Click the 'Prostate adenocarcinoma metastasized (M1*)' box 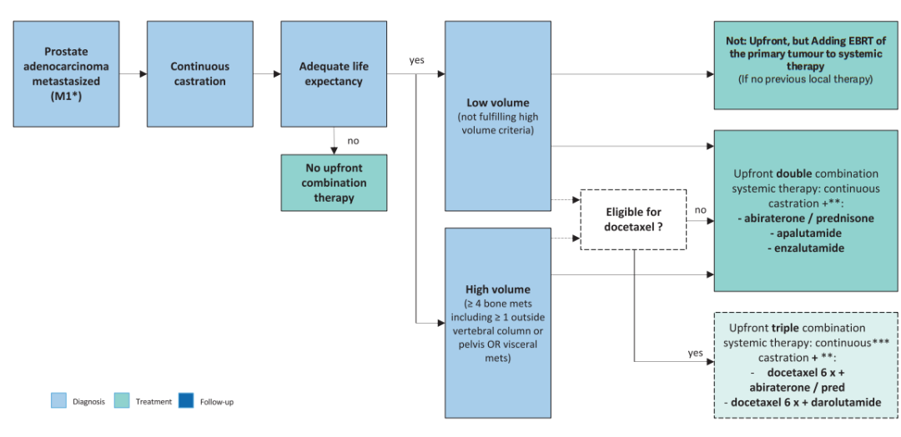click(66, 74)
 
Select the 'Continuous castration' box click(199, 74)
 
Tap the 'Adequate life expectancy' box click(334, 74)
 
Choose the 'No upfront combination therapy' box click(334, 181)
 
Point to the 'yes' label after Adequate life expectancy click(417, 60)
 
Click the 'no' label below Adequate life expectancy click(353, 140)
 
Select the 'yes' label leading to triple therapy click(696, 352)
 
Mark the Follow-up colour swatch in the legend click(185, 401)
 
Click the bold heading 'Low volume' click(497, 103)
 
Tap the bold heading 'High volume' click(497, 289)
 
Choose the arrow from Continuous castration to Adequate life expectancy click(267, 74)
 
